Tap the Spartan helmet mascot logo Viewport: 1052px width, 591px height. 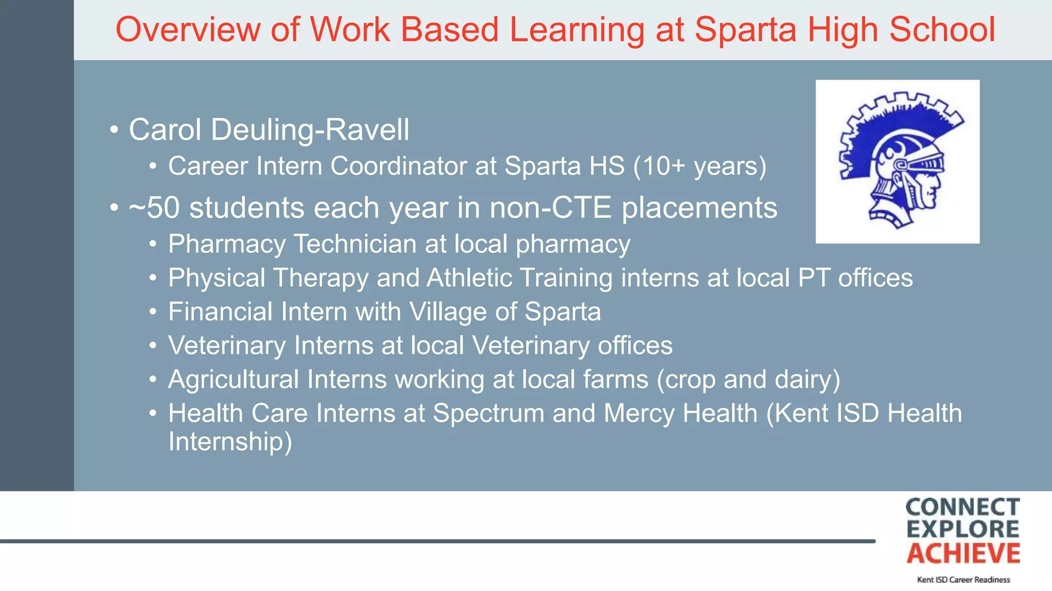897,162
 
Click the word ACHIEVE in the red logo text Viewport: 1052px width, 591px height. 963,554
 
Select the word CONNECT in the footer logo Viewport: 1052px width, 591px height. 963,507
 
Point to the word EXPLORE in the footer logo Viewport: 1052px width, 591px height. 963,530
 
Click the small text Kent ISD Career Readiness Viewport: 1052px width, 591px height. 963,580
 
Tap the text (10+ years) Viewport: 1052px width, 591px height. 700,166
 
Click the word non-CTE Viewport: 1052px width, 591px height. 550,208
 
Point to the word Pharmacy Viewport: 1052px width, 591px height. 227,244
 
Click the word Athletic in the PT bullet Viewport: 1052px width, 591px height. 469,278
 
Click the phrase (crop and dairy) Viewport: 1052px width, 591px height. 748,380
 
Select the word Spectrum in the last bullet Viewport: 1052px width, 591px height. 488,413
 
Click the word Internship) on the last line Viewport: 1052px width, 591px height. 230,441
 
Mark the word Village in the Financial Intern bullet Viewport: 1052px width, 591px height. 447,312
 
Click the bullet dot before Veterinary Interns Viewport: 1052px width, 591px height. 153,346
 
